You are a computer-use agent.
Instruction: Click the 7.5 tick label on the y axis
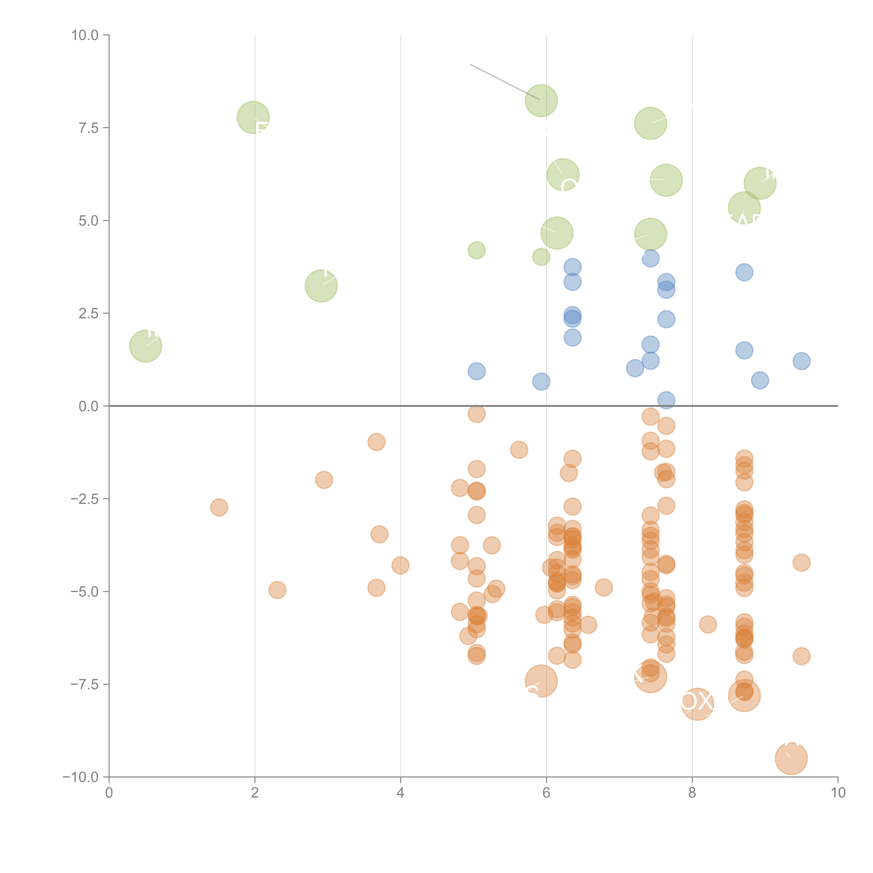88,128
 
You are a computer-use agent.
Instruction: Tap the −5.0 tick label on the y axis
85,592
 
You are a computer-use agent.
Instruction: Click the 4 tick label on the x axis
400,793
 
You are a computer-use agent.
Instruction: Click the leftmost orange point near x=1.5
219,507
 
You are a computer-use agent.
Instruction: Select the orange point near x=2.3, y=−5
277,590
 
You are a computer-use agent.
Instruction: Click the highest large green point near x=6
541,100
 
